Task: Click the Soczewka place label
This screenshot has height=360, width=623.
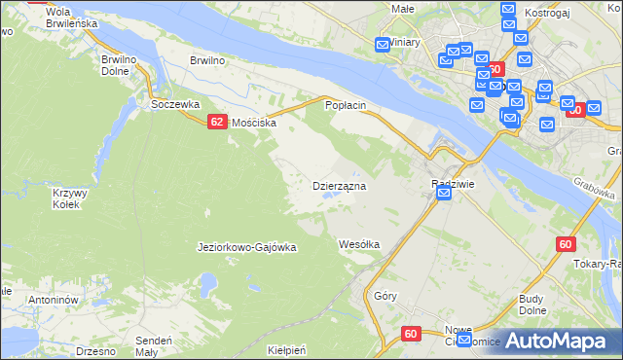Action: (175, 103)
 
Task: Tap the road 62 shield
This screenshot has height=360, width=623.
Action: (217, 122)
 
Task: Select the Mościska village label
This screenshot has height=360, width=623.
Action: (254, 124)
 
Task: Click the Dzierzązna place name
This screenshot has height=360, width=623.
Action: (338, 185)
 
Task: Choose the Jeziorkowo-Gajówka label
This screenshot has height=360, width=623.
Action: (246, 247)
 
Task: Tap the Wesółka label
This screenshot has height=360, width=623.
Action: (358, 243)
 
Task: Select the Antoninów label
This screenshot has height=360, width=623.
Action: (53, 300)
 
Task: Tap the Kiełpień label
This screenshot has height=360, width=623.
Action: (286, 349)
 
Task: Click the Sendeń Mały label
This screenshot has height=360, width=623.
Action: (154, 345)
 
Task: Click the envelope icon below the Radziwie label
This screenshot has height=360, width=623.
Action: (444, 195)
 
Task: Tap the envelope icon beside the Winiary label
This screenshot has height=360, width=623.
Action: (384, 43)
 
